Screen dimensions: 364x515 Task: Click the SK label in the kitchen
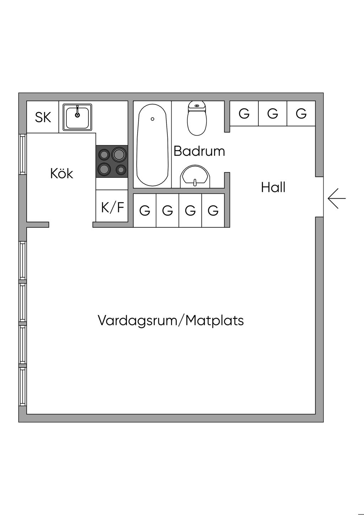[x=43, y=117]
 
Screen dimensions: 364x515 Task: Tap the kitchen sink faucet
[x=77, y=111]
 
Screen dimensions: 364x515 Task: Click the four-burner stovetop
[x=112, y=161]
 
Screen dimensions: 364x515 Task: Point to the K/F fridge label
[x=113, y=207]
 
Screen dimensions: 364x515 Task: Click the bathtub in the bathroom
[x=152, y=145]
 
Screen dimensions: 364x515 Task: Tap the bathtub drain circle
[x=152, y=119]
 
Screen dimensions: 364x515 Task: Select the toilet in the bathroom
[x=197, y=118]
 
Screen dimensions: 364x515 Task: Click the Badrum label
[x=199, y=151]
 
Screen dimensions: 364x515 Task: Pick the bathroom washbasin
[x=195, y=176]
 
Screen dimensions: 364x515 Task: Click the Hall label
[x=273, y=187]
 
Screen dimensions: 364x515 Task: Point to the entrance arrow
[x=337, y=198]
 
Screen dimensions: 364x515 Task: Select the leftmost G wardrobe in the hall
[x=244, y=113]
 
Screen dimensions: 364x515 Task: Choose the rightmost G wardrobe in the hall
[x=301, y=113]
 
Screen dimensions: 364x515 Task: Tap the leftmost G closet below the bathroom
[x=145, y=210]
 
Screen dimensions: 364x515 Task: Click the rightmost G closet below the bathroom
[x=213, y=210]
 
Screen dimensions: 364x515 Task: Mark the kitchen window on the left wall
[x=22, y=154]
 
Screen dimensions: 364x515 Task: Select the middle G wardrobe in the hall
[x=273, y=113]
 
